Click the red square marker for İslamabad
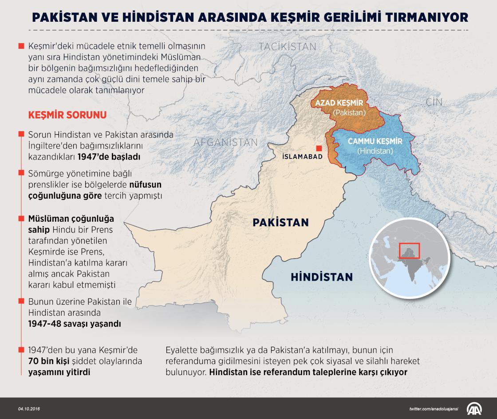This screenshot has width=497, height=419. pyautogui.click(x=318, y=148)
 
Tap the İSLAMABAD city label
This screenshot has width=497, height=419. pyautogui.click(x=303, y=157)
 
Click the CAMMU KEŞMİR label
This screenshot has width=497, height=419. pyautogui.click(x=375, y=141)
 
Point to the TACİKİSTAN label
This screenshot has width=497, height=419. pyautogui.click(x=287, y=47)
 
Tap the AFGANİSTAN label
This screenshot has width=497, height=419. pyautogui.click(x=226, y=142)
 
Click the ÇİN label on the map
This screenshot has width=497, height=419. pyautogui.click(x=434, y=102)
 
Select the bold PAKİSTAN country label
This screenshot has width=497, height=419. pyautogui.click(x=280, y=222)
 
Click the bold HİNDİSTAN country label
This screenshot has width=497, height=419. pyautogui.click(x=322, y=278)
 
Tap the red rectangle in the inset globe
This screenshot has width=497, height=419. pyautogui.click(x=409, y=250)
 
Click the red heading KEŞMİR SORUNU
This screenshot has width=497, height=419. pyautogui.click(x=67, y=115)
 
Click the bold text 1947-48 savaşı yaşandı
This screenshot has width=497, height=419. pyautogui.click(x=75, y=324)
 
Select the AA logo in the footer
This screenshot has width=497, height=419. pyautogui.click(x=475, y=408)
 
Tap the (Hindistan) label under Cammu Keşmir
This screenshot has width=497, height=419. pyautogui.click(x=375, y=151)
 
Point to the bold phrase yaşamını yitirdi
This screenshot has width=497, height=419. pyautogui.click(x=59, y=372)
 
